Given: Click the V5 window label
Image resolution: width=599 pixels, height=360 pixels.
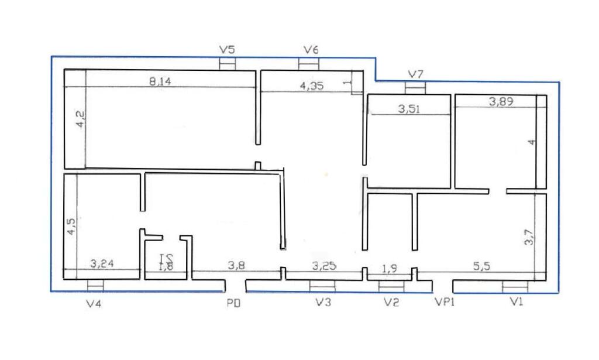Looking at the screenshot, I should coord(227,50).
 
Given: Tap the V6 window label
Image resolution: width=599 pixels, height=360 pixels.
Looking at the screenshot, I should coord(311,50).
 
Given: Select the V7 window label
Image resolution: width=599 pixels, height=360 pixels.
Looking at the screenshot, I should coord(416,74).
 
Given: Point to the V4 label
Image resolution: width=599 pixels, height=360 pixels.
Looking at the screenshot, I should coord(94,303).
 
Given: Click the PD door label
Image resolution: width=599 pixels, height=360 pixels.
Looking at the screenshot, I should coord(234,303).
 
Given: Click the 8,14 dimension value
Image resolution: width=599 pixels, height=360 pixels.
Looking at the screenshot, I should coord(160,82).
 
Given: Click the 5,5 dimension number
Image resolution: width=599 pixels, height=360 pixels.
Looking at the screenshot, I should coord(481,266).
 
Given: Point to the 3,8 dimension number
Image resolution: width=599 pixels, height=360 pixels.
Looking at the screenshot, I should coord(236,266).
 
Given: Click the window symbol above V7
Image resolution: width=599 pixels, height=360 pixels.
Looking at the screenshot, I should coord(415,87).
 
